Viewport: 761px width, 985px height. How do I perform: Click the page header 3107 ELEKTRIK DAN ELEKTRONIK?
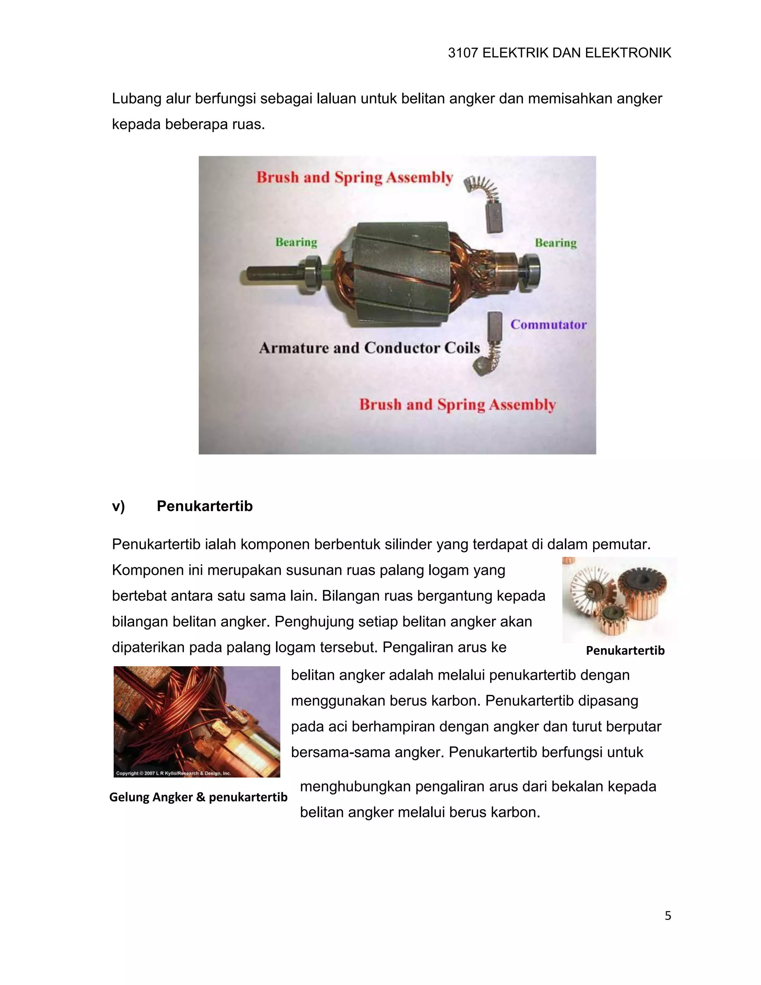559,53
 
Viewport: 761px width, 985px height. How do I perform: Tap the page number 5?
668,916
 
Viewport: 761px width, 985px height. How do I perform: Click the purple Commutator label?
548,325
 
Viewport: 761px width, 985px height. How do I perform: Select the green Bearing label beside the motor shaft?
296,242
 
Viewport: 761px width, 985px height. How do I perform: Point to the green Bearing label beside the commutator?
556,243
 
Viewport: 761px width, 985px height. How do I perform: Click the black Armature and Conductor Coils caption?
369,348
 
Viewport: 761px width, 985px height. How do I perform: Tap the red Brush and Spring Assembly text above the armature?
354,177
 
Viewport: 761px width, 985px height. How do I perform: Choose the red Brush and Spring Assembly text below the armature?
457,404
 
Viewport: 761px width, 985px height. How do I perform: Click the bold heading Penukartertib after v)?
204,506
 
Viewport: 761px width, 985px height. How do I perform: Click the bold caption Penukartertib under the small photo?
625,650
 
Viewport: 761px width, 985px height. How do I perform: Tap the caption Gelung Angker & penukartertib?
198,797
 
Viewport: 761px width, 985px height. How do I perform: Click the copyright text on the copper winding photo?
173,773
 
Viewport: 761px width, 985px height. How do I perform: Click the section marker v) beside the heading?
118,506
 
